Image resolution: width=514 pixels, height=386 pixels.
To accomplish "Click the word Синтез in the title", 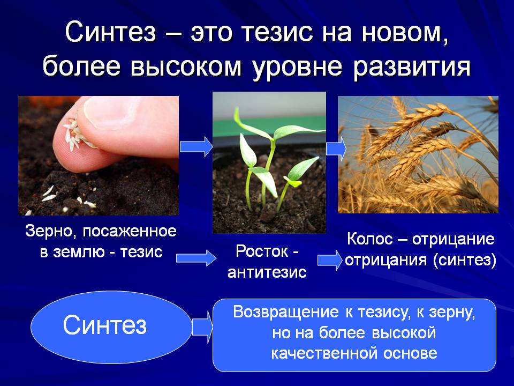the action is tap(110, 32).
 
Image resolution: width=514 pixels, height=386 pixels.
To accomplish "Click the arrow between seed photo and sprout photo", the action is tap(196, 146).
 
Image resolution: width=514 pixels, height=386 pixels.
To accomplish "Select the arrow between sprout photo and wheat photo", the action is tap(336, 149).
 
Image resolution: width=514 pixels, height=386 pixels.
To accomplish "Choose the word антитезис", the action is tap(267, 272).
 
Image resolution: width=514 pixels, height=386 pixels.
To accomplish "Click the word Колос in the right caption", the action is tap(370, 239).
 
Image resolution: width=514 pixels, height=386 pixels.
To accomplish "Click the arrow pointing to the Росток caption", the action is tap(196, 258).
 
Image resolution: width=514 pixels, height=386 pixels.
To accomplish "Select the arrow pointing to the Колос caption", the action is tap(330, 260).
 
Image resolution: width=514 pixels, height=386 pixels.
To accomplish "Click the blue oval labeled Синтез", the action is tap(111, 327).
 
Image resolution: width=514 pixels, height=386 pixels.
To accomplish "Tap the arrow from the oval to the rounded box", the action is tap(202, 327).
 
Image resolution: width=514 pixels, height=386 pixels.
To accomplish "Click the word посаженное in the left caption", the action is tap(130, 232).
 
